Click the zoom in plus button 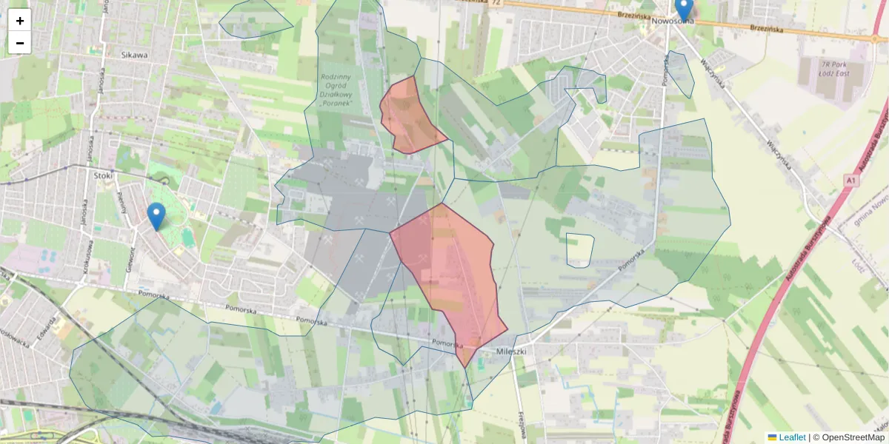[x=20, y=21]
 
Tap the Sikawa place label [x=134, y=55]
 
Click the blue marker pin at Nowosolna [x=684, y=9]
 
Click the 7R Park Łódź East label [x=828, y=69]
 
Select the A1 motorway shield [x=850, y=180]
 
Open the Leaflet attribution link [x=792, y=437]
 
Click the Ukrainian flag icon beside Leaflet [x=773, y=437]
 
